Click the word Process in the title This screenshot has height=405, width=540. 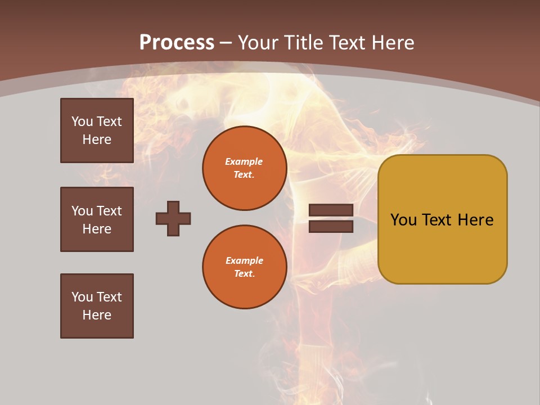pyautogui.click(x=177, y=43)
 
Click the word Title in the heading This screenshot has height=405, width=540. pyautogui.click(x=302, y=43)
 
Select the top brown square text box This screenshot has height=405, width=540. pyautogui.click(x=97, y=130)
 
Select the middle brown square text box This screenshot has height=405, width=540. pyautogui.click(x=97, y=219)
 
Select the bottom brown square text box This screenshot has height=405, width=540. pyautogui.click(x=97, y=306)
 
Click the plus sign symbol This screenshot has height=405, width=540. pyautogui.click(x=173, y=218)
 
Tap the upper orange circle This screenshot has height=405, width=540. pyautogui.click(x=244, y=168)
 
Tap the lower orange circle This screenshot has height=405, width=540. pyautogui.click(x=244, y=267)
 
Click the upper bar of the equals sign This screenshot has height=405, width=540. pyautogui.click(x=331, y=210)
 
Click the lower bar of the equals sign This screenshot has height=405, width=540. pyautogui.click(x=331, y=226)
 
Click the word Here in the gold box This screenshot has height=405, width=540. pyautogui.click(x=475, y=220)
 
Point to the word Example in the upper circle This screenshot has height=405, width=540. pyautogui.click(x=244, y=161)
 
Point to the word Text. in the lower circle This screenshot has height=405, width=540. pyautogui.click(x=244, y=273)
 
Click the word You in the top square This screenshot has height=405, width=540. pyautogui.click(x=82, y=121)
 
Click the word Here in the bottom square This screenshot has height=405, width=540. pyautogui.click(x=97, y=315)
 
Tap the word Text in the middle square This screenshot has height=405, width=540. pyautogui.click(x=109, y=211)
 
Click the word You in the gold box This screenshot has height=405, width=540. pyautogui.click(x=403, y=220)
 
